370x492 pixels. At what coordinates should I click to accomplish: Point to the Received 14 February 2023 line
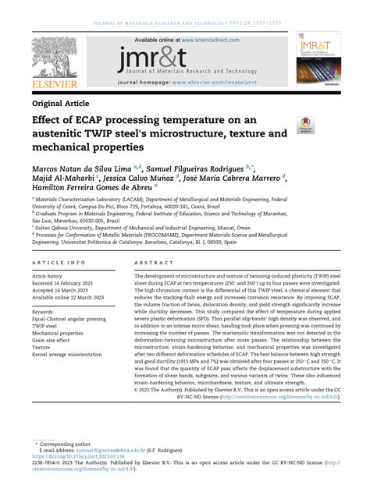(68, 283)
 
